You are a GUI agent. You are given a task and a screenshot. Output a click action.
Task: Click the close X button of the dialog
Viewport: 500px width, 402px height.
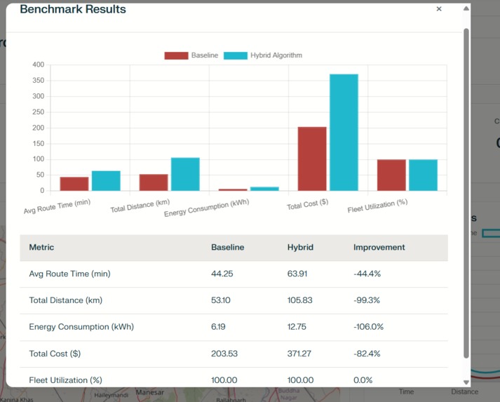tap(439, 9)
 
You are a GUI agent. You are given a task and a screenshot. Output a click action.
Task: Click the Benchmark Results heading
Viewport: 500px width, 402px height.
tap(73, 9)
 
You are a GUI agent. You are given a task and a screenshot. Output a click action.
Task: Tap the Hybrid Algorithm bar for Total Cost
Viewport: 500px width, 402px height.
tap(344, 132)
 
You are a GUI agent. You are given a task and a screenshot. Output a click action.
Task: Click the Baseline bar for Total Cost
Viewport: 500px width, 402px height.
tap(312, 159)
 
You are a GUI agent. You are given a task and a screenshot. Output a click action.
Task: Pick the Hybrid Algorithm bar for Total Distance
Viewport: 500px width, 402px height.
tap(185, 174)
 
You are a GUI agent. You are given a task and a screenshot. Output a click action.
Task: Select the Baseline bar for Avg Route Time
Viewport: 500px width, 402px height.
tap(74, 183)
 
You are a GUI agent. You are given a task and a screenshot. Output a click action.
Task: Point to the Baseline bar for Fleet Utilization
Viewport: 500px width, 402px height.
tap(391, 175)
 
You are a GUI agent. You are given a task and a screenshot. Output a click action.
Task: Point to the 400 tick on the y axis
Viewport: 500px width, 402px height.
tap(38, 65)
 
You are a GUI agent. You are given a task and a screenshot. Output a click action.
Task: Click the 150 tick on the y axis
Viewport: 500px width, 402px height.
tap(38, 143)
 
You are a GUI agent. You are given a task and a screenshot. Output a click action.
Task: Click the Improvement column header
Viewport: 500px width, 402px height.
tap(379, 247)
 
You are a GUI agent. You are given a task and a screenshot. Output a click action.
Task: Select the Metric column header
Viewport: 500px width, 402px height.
tap(41, 247)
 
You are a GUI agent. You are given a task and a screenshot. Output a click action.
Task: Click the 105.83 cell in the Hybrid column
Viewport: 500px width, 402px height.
tap(300, 300)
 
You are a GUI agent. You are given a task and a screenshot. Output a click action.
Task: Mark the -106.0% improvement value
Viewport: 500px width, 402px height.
tap(368, 327)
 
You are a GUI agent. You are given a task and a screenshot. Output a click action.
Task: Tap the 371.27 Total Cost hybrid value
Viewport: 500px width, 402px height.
tap(300, 354)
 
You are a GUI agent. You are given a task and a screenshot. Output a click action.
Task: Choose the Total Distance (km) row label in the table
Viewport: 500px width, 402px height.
tap(65, 300)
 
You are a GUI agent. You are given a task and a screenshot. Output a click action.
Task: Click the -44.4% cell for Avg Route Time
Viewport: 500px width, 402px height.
tap(367, 274)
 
